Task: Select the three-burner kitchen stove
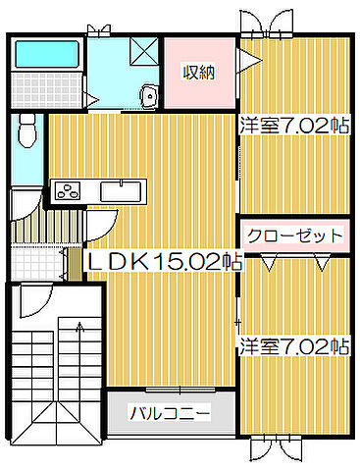tap(70, 190)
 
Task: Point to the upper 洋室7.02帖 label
tap(294, 125)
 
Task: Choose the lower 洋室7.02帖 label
tap(294, 345)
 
